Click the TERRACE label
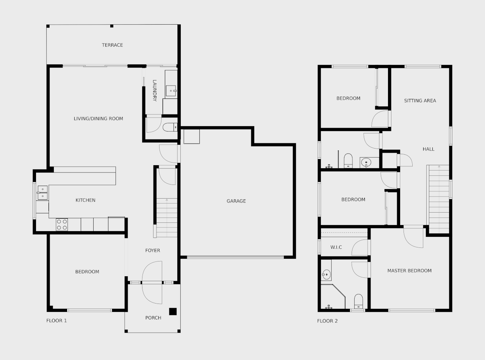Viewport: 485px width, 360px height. (x=112, y=45)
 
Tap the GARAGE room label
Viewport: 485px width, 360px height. (x=236, y=201)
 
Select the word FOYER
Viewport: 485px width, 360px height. (x=153, y=250)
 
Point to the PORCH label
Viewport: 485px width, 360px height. (x=153, y=318)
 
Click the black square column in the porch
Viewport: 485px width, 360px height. (x=173, y=311)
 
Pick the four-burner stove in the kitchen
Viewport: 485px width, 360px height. (x=62, y=225)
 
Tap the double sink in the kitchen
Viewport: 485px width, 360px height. (x=42, y=193)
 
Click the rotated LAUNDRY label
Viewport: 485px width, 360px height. (x=155, y=91)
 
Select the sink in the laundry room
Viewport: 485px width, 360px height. (x=171, y=91)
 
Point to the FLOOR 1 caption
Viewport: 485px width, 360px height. (x=56, y=321)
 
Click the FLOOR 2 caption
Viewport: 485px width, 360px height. (x=327, y=321)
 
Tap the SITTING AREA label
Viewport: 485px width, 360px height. (x=420, y=101)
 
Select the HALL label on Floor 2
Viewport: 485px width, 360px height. (x=429, y=149)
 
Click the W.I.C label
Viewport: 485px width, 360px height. (x=336, y=247)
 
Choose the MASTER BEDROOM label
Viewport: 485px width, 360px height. (x=409, y=271)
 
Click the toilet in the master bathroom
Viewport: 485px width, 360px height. (x=358, y=301)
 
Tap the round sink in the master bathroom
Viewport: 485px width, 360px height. (x=326, y=274)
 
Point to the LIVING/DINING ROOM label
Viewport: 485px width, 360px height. (x=99, y=119)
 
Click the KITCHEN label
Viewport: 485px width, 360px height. (x=86, y=200)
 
